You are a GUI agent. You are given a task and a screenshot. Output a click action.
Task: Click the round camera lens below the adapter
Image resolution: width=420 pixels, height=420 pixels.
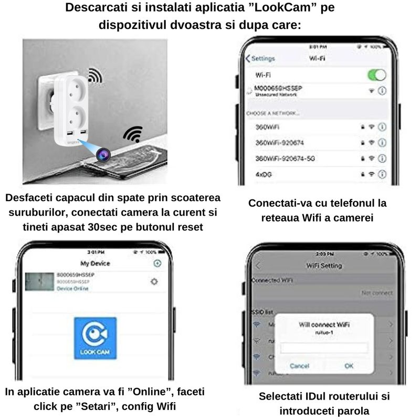[x=101, y=153]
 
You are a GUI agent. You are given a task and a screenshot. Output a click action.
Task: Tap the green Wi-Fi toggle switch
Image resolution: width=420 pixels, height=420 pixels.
[x=376, y=75]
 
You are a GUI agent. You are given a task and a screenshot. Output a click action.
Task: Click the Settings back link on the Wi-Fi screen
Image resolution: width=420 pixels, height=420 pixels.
[x=261, y=58]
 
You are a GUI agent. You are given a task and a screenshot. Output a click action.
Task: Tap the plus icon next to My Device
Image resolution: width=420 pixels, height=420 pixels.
[x=156, y=263]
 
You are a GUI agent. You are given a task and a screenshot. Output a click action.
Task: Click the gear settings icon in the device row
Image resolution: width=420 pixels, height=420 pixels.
[x=154, y=281]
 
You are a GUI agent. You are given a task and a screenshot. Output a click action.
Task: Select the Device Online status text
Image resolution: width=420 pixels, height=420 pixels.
[x=72, y=289]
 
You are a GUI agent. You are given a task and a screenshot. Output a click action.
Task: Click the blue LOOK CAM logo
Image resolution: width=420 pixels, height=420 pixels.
[x=95, y=338]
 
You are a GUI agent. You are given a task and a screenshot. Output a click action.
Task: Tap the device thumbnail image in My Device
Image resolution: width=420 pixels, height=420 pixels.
[x=39, y=282]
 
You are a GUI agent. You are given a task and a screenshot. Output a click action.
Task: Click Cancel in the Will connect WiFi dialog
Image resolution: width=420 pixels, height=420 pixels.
[x=299, y=365]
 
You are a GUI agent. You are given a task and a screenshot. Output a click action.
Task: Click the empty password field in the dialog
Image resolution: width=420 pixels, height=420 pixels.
[x=323, y=348]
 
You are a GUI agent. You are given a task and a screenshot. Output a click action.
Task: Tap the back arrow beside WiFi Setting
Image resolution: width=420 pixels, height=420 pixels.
[x=258, y=266]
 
